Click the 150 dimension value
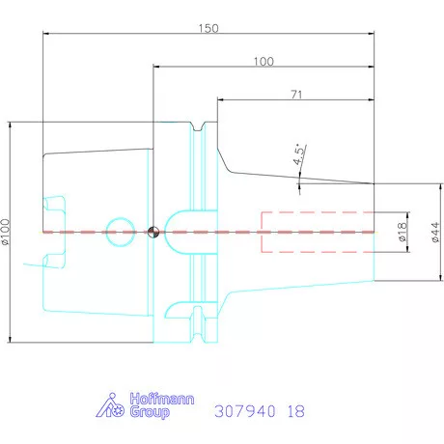click(208, 28)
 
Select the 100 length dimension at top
click(264, 62)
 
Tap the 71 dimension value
click(296, 95)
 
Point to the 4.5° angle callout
click(299, 154)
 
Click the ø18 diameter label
click(402, 232)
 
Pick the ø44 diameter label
click(434, 232)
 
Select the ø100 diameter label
click(6, 232)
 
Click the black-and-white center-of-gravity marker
click(153, 232)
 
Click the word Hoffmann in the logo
click(162, 399)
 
